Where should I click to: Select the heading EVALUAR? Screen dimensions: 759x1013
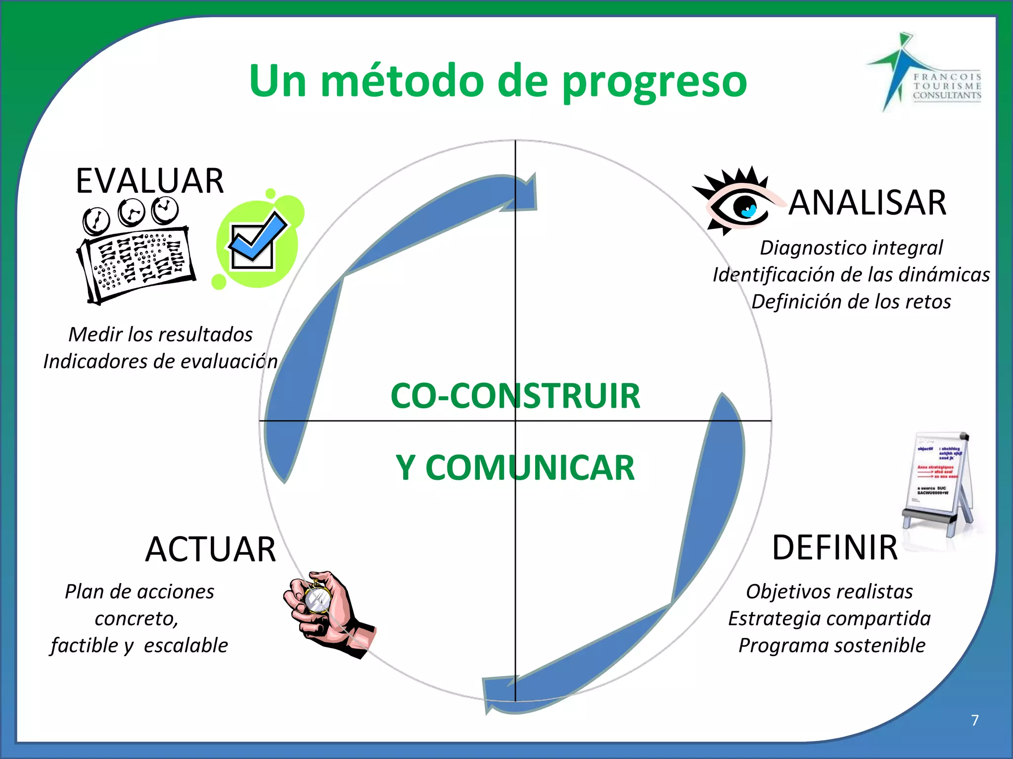[150, 181]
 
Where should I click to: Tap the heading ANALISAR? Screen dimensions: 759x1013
[867, 203]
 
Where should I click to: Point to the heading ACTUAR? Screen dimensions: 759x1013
[211, 549]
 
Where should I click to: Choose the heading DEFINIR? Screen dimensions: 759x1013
[835, 548]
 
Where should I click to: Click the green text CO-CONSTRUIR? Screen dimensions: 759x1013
[515, 396]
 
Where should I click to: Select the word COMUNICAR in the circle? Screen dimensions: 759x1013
[530, 468]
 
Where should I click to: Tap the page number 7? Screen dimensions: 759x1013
[974, 720]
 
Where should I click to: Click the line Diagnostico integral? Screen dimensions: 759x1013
[851, 248]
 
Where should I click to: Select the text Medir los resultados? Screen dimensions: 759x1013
[160, 335]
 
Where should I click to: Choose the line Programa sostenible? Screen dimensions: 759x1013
[831, 645]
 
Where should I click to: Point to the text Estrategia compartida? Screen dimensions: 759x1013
[829, 619]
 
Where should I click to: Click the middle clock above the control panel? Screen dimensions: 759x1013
[131, 212]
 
